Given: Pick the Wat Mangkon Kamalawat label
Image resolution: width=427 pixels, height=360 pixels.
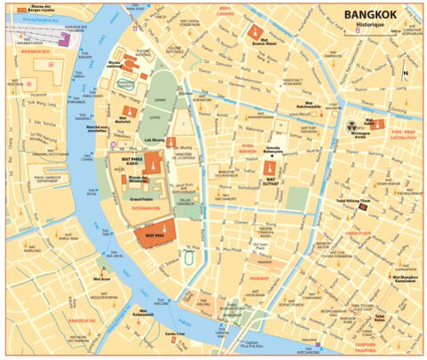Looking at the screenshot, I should [405, 278].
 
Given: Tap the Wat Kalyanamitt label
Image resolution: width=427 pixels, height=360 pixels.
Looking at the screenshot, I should [144, 314].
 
